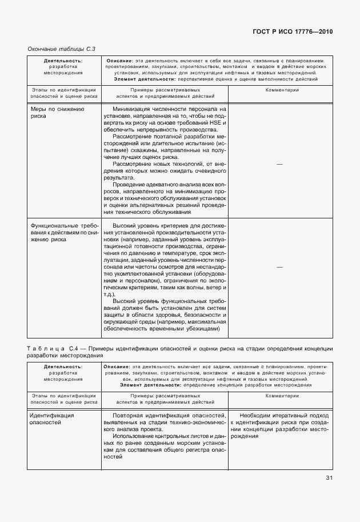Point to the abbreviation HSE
(x=218, y=123)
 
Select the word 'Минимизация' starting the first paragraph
(x=133, y=108)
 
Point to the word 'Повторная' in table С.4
(x=129, y=415)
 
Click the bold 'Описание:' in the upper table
(x=119, y=60)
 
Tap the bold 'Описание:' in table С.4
(x=118, y=365)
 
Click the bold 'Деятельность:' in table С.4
(x=63, y=365)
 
